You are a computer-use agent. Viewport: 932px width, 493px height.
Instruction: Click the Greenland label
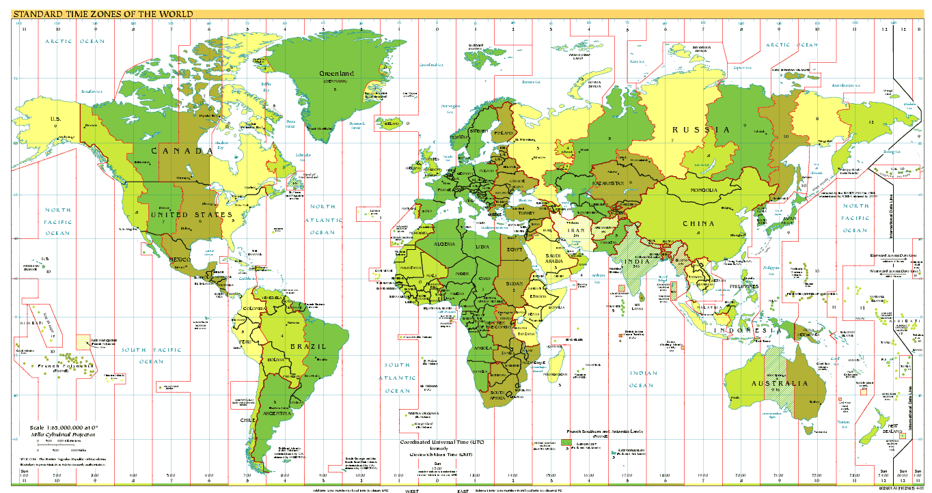point(337,73)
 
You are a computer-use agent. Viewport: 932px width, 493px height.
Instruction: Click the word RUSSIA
point(703,130)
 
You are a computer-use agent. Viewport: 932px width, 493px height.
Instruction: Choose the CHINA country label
point(698,223)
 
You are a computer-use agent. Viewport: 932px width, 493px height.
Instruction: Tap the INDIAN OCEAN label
point(643,379)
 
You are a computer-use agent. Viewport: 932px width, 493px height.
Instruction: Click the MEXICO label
point(180,259)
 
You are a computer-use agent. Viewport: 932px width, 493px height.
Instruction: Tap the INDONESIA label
point(748,330)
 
